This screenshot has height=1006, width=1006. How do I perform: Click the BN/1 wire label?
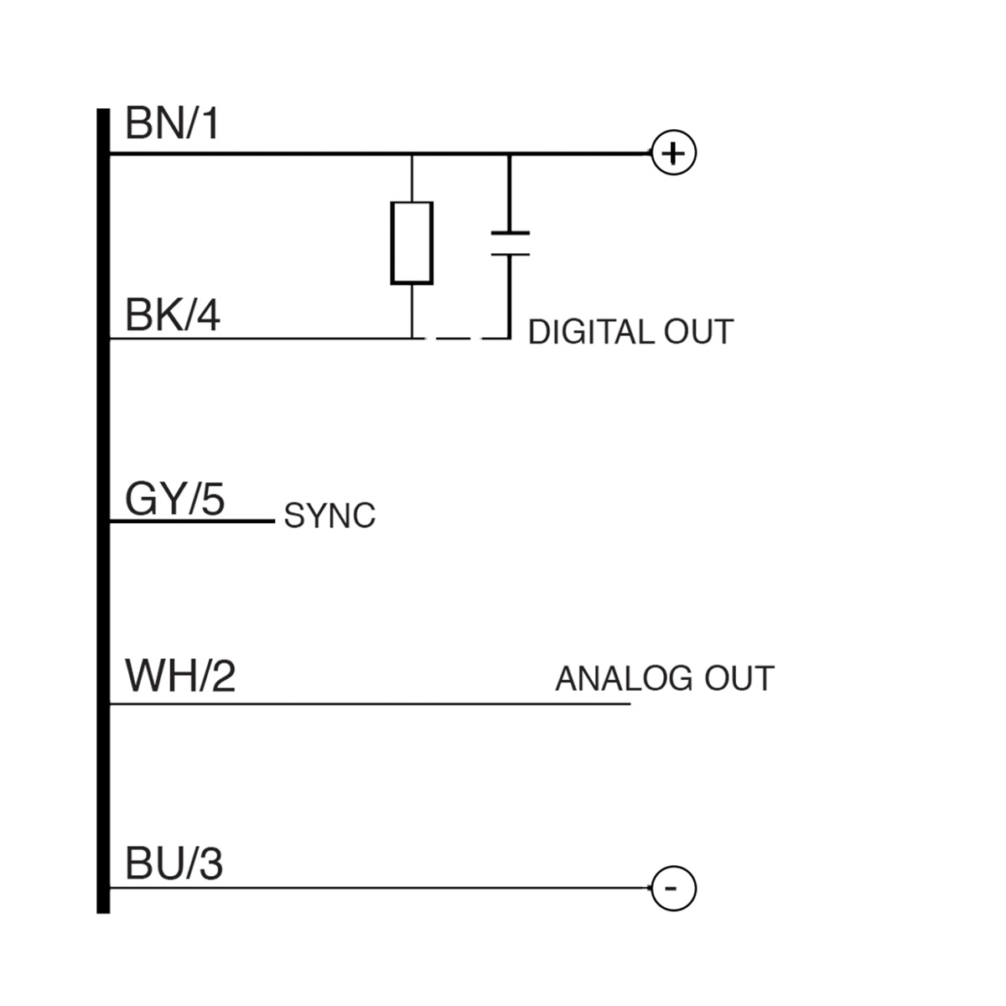(x=172, y=124)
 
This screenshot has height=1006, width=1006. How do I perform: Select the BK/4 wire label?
(x=172, y=317)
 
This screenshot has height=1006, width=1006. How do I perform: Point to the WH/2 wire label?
(x=180, y=676)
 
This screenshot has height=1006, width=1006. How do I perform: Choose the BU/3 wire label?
(x=174, y=864)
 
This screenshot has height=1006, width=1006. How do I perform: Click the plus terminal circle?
(x=674, y=153)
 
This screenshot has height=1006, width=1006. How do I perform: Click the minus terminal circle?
(x=674, y=888)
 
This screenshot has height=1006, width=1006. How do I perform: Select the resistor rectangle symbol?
(x=412, y=242)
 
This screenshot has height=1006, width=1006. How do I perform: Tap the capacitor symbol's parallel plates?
(x=510, y=242)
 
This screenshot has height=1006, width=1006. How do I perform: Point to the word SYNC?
(x=329, y=516)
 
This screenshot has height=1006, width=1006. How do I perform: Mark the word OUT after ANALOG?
(x=739, y=678)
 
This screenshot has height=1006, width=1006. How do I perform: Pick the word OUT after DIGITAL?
(x=698, y=333)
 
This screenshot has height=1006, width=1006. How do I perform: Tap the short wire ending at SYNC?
(x=193, y=521)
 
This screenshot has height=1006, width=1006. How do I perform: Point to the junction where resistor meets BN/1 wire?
(x=412, y=154)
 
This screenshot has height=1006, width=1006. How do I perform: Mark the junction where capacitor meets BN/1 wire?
(x=510, y=154)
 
